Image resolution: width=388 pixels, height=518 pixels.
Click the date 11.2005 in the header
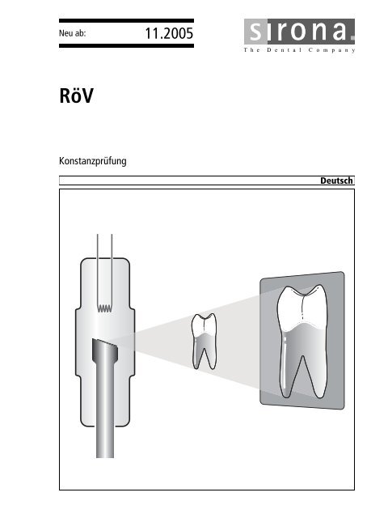click(169, 33)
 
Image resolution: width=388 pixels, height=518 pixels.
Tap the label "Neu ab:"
click(72, 33)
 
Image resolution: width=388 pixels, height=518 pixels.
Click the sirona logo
click(299, 32)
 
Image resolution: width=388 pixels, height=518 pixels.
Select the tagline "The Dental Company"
click(299, 50)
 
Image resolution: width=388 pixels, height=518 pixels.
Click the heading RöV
click(76, 96)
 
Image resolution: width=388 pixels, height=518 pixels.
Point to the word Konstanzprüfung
click(93, 161)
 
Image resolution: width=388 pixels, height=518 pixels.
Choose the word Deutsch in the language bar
click(336, 180)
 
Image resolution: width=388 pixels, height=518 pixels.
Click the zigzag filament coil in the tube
click(104, 308)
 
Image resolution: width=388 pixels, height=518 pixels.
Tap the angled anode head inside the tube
click(105, 350)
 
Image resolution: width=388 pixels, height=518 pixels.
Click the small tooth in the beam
click(205, 342)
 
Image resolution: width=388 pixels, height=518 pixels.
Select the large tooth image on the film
click(302, 341)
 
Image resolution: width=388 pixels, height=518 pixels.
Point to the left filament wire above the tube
click(97, 271)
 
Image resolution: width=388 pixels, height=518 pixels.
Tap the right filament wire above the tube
click(112, 271)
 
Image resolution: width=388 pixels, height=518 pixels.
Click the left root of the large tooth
click(288, 367)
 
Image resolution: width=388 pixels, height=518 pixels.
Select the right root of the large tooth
click(316, 367)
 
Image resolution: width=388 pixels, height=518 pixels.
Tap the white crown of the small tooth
click(205, 325)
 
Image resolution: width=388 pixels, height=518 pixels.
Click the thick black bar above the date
click(126, 21)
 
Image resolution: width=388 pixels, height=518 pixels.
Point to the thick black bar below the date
click(126, 46)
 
